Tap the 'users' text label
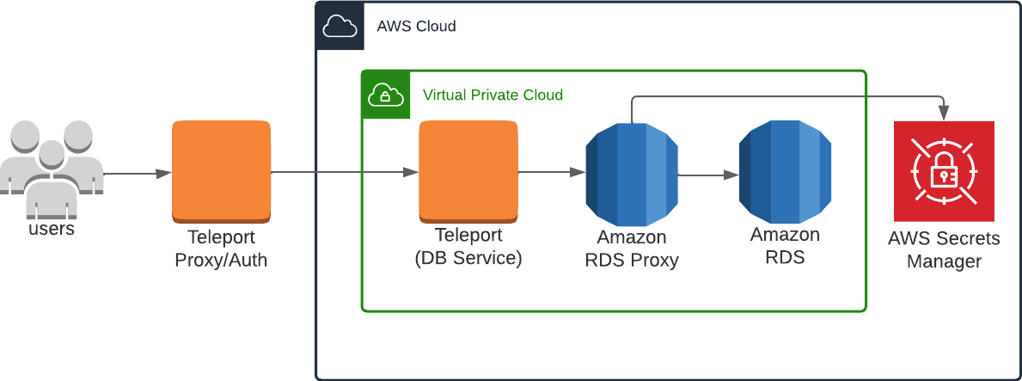coord(52,230)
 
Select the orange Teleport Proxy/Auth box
coord(221,169)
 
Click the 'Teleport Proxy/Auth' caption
coord(221,248)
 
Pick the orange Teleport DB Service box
coord(468,169)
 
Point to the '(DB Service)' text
coord(468,258)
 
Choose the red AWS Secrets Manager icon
coord(944,171)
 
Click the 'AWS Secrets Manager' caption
coord(944,250)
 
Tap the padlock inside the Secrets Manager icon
coord(944,175)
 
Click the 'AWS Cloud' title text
coord(416,27)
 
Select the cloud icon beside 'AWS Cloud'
coord(340,27)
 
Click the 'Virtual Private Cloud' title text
coord(493,95)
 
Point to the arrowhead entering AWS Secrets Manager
coord(946,113)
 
